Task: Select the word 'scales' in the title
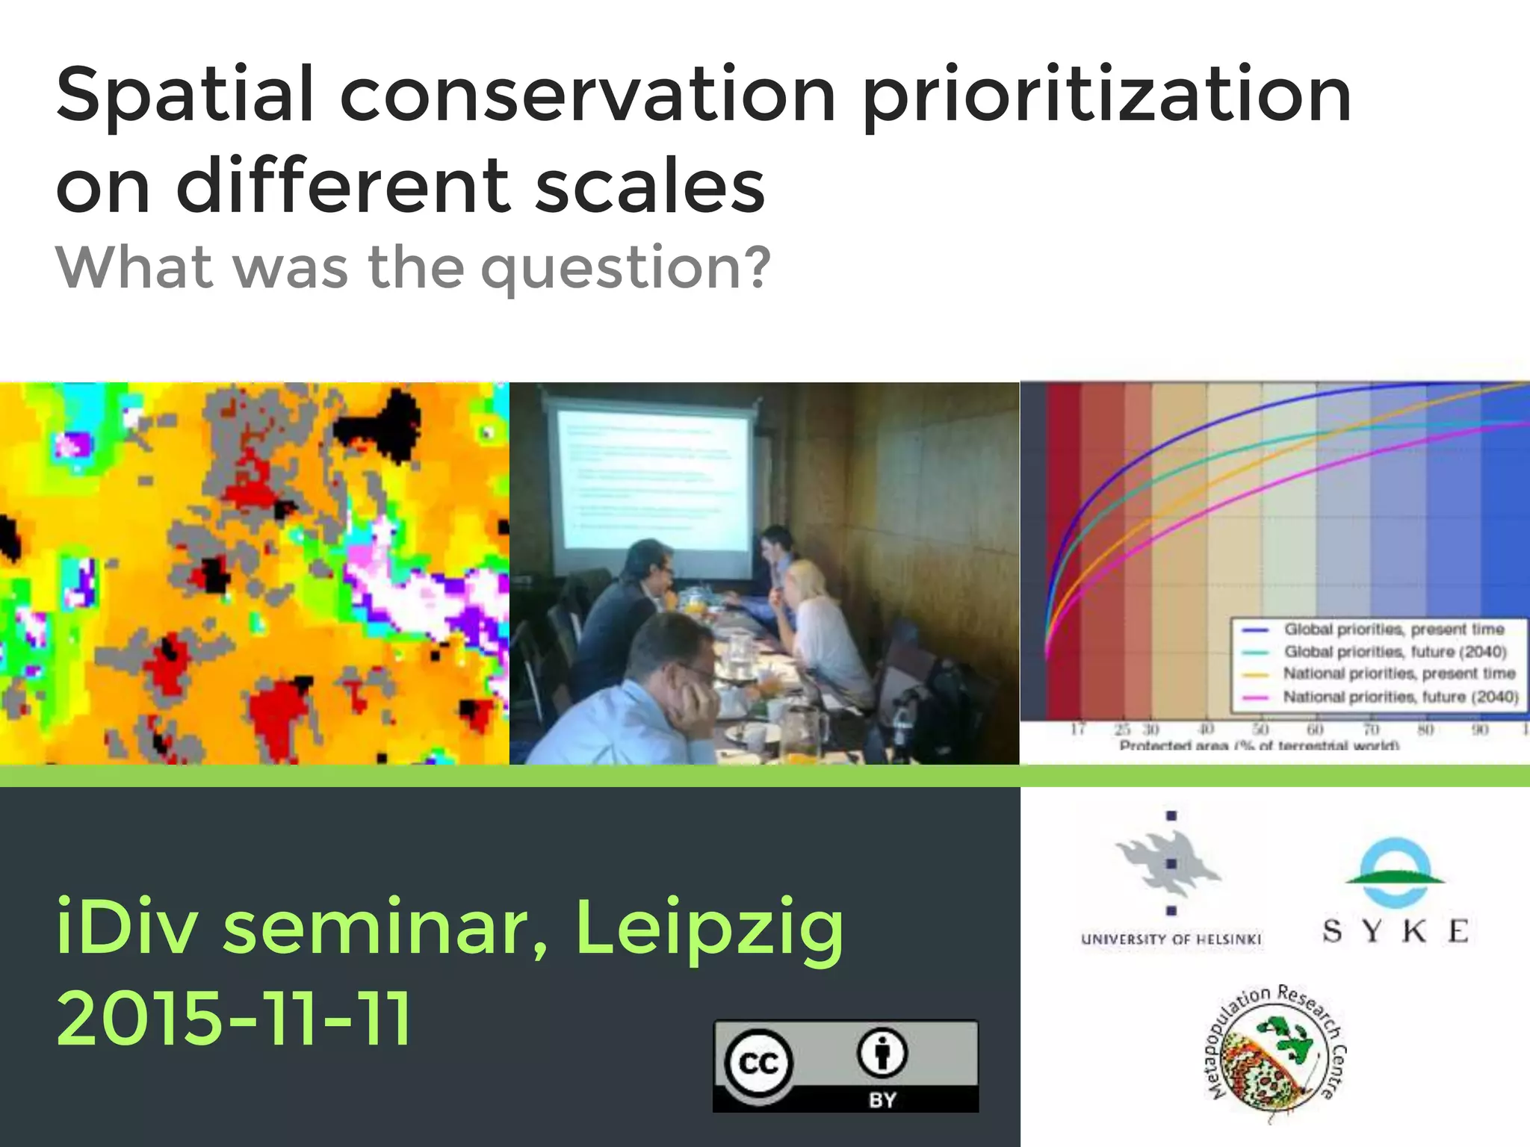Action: [650, 186]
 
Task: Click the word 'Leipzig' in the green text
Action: [709, 928]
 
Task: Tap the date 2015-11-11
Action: [234, 1018]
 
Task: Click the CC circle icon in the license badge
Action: [759, 1063]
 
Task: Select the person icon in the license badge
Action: [882, 1053]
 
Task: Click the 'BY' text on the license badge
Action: [882, 1099]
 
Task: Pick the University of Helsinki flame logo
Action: [1169, 862]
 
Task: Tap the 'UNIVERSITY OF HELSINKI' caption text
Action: [1171, 939]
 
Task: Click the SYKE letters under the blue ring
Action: [1395, 931]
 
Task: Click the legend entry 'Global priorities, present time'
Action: [1394, 630]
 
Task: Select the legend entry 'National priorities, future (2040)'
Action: [1401, 697]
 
